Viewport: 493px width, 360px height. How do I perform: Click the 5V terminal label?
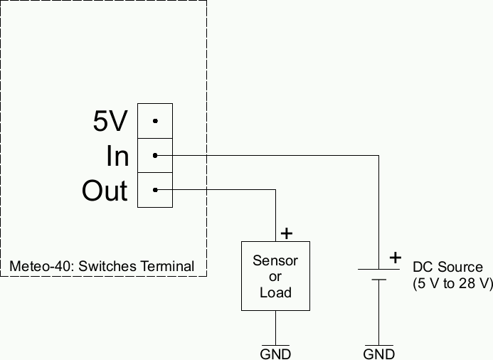click(110, 122)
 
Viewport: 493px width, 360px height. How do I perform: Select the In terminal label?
click(117, 157)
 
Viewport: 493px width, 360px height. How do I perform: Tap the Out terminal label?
click(105, 191)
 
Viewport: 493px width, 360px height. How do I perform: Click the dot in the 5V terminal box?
click(155, 121)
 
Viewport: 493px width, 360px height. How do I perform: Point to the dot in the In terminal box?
click(155, 155)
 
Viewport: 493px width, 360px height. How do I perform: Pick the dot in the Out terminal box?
click(155, 190)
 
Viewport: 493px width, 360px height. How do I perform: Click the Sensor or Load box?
click(275, 276)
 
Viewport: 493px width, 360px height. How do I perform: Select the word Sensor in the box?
click(275, 260)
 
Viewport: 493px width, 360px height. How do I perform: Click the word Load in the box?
click(275, 292)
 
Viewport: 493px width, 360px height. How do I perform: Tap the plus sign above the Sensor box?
click(287, 233)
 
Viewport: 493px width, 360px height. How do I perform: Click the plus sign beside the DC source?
click(396, 258)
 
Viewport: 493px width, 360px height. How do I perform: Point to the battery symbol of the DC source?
click(378, 275)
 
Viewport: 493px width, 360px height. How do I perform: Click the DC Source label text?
click(447, 268)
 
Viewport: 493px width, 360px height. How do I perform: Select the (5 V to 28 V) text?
click(452, 283)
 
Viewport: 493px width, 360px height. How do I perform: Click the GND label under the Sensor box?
click(275, 354)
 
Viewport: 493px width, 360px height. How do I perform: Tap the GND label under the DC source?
click(378, 354)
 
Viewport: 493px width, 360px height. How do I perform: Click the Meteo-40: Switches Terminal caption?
click(102, 266)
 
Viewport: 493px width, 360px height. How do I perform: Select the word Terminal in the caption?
click(167, 266)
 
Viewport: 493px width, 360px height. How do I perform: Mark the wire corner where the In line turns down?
click(378, 155)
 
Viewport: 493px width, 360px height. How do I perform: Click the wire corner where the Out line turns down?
click(275, 190)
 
